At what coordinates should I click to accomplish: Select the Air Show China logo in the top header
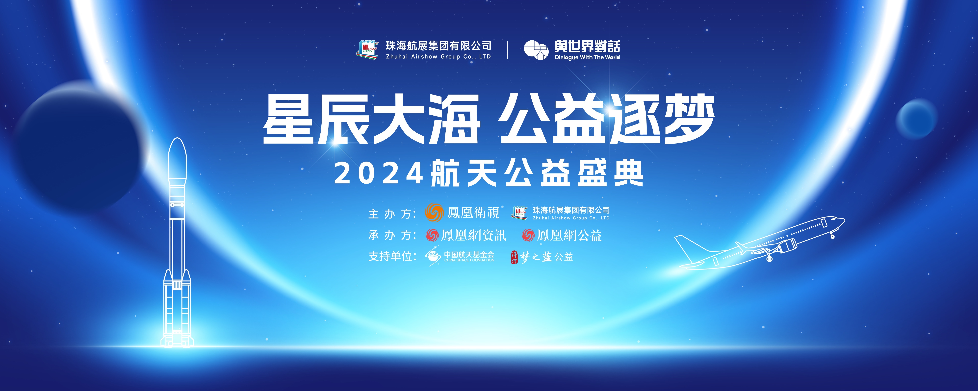click(367, 50)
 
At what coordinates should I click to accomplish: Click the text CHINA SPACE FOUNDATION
click(469, 260)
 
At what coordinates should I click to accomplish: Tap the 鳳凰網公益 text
click(569, 236)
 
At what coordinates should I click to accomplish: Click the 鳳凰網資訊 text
click(473, 236)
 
